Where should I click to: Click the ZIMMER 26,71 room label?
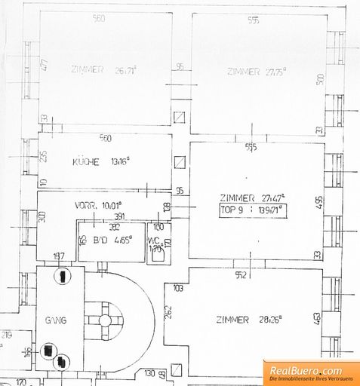pos(98,70)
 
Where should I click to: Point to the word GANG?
pos(57,320)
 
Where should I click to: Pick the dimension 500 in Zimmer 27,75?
pos(319,78)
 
